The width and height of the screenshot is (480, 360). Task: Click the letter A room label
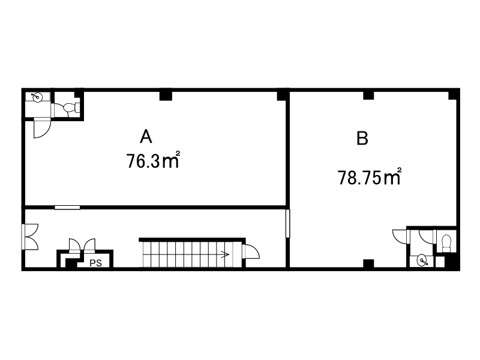tap(146, 136)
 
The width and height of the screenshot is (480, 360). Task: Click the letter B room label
tap(362, 138)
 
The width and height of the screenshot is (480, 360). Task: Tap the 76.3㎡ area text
tap(152, 160)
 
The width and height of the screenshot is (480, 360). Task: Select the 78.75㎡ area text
tap(369, 177)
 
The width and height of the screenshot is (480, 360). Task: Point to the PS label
tap(95, 263)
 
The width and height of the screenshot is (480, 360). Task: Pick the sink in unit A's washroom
tap(37, 97)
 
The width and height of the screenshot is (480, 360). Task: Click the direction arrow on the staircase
tap(225, 254)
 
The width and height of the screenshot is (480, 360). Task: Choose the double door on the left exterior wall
tap(30, 236)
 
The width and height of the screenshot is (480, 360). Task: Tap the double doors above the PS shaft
tap(82, 245)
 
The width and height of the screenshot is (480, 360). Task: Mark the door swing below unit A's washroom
tap(41, 128)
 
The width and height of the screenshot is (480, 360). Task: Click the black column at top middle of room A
tap(166, 95)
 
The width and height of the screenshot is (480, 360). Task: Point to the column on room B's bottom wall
tap(368, 263)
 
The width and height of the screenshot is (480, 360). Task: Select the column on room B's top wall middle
tap(368, 95)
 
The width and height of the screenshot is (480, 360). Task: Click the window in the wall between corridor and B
tap(287, 223)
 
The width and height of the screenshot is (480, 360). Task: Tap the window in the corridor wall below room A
tap(67, 208)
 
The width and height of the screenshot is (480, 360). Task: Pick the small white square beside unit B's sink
tap(440, 262)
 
